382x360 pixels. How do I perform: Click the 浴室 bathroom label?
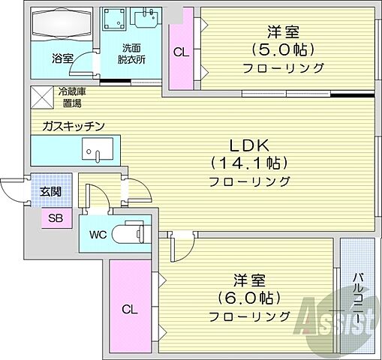click(62, 57)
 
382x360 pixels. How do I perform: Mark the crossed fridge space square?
click(40, 96)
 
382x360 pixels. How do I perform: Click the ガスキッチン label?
click(73, 125)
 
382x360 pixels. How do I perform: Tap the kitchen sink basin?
click(96, 149)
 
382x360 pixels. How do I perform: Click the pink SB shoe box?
click(55, 218)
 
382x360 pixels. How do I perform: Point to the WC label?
click(98, 234)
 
